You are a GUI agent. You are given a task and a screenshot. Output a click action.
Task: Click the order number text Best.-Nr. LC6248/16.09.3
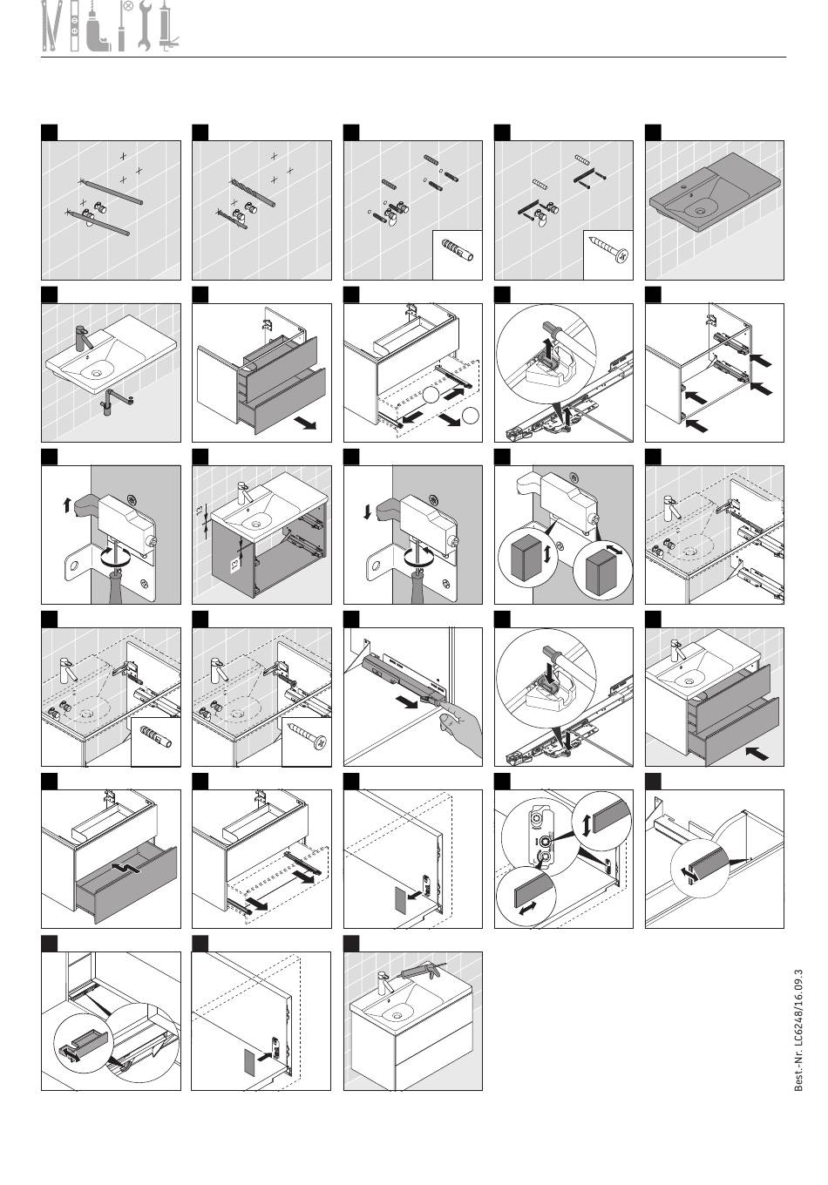click(x=798, y=1030)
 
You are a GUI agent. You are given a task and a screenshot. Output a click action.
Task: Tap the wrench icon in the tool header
click(x=145, y=26)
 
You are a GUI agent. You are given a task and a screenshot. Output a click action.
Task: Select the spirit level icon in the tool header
click(x=75, y=26)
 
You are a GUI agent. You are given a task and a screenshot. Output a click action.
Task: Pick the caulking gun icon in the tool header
click(x=167, y=26)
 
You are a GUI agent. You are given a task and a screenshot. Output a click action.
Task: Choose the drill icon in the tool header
click(x=98, y=28)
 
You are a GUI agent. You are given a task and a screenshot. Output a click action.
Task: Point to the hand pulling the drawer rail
click(x=461, y=728)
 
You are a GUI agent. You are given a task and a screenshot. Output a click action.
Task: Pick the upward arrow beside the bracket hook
click(x=66, y=505)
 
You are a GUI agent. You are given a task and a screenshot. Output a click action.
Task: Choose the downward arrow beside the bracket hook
click(x=368, y=512)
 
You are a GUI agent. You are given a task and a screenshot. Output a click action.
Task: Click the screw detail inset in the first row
click(x=607, y=254)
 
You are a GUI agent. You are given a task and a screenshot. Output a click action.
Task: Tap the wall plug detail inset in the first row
click(x=457, y=254)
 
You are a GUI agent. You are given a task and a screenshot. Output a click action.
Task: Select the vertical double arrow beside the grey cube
click(x=547, y=554)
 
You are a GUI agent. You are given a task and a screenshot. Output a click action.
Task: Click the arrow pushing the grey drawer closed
click(x=757, y=751)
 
